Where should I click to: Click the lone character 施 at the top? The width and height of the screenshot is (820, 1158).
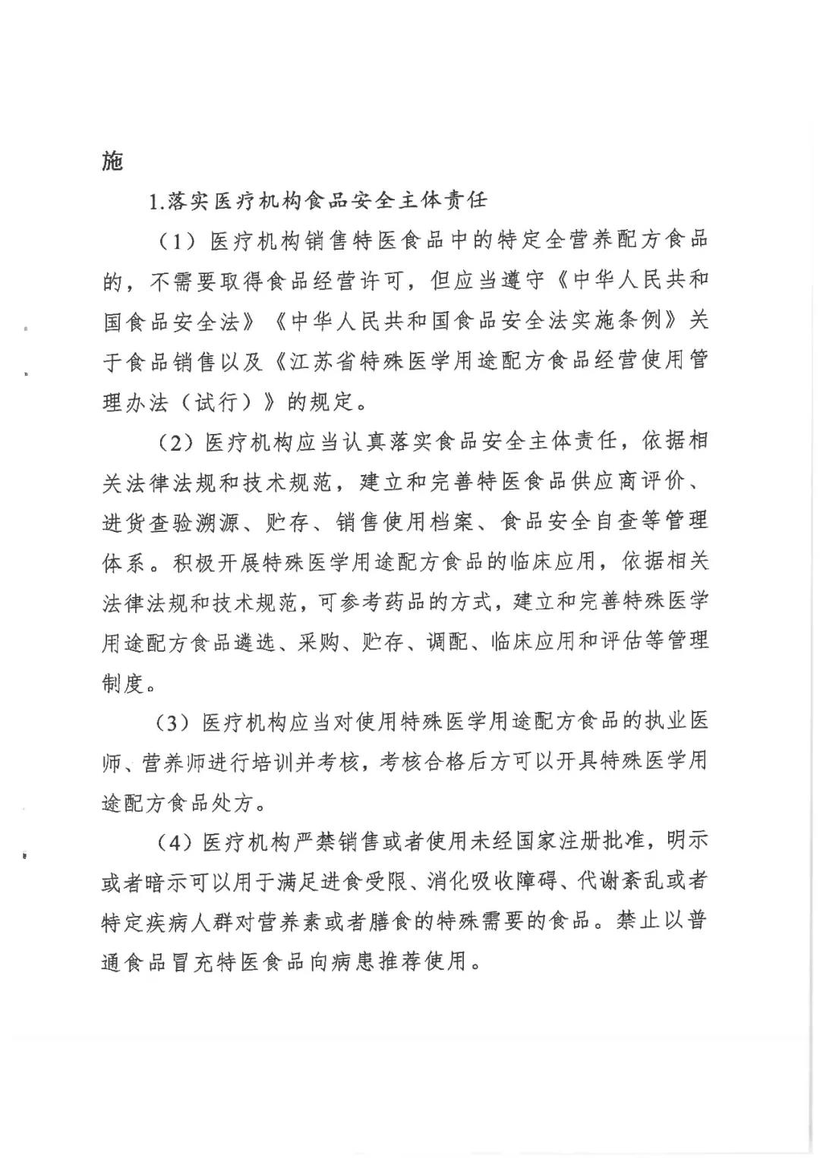(112, 161)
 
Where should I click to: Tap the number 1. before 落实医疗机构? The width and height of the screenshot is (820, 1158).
(156, 201)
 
